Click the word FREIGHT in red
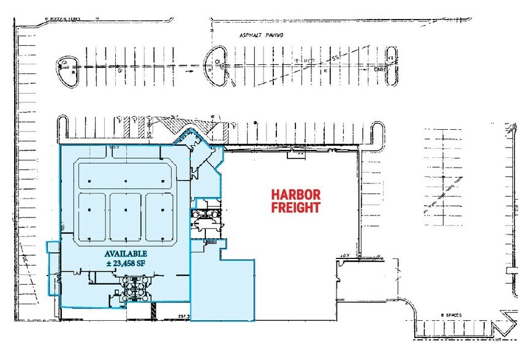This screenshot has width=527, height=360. click(x=296, y=207)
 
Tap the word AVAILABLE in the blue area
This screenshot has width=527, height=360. click(x=125, y=253)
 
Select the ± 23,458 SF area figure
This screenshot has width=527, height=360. click(x=125, y=263)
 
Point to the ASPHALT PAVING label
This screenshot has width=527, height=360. click(x=262, y=36)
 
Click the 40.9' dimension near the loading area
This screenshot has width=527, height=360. click(x=344, y=255)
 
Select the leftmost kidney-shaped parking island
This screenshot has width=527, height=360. click(x=65, y=66)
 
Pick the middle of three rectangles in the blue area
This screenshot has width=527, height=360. click(x=125, y=217)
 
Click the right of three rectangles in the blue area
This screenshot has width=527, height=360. click(x=160, y=217)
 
